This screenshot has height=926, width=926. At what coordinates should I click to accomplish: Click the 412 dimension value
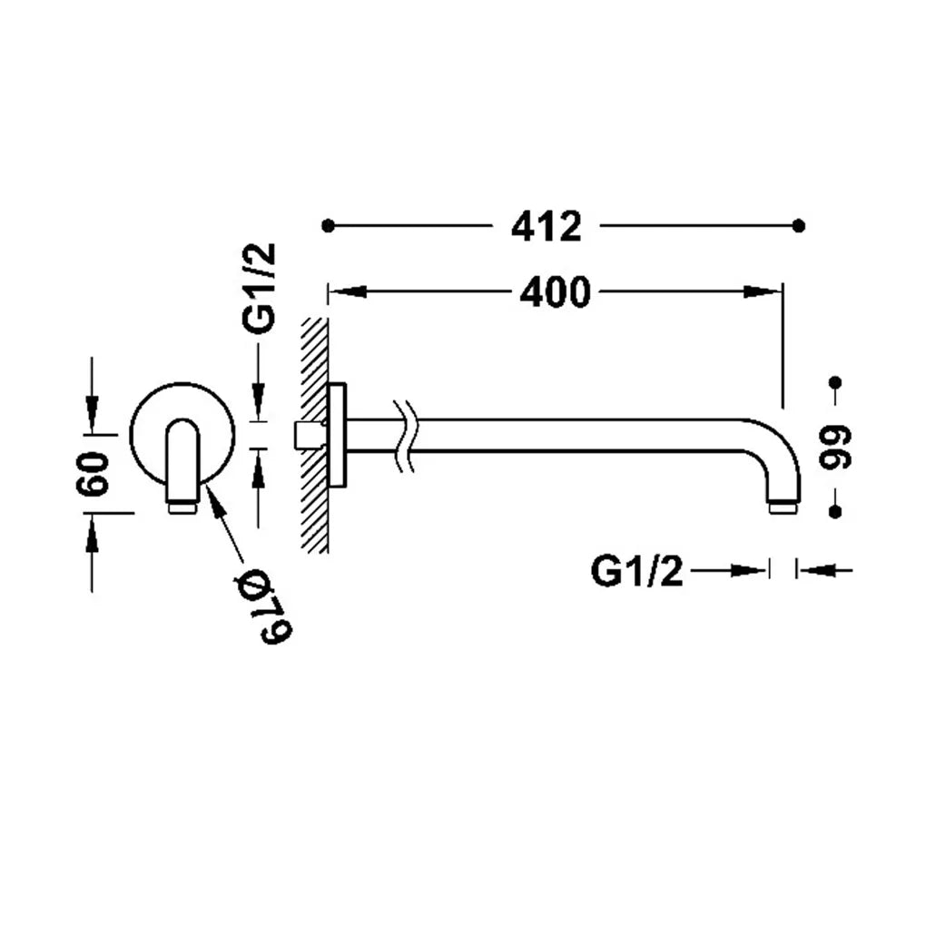pos(547,226)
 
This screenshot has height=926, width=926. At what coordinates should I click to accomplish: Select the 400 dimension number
pos(555,291)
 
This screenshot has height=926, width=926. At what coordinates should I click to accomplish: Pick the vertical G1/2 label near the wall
pos(260,288)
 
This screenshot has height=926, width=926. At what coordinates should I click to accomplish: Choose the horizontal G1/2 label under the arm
pos(636,571)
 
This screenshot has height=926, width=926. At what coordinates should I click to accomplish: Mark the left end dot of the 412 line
pos(329,225)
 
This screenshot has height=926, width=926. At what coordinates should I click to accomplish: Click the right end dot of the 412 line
pos(798,225)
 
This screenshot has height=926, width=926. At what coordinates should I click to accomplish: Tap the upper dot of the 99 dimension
pos(835,383)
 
